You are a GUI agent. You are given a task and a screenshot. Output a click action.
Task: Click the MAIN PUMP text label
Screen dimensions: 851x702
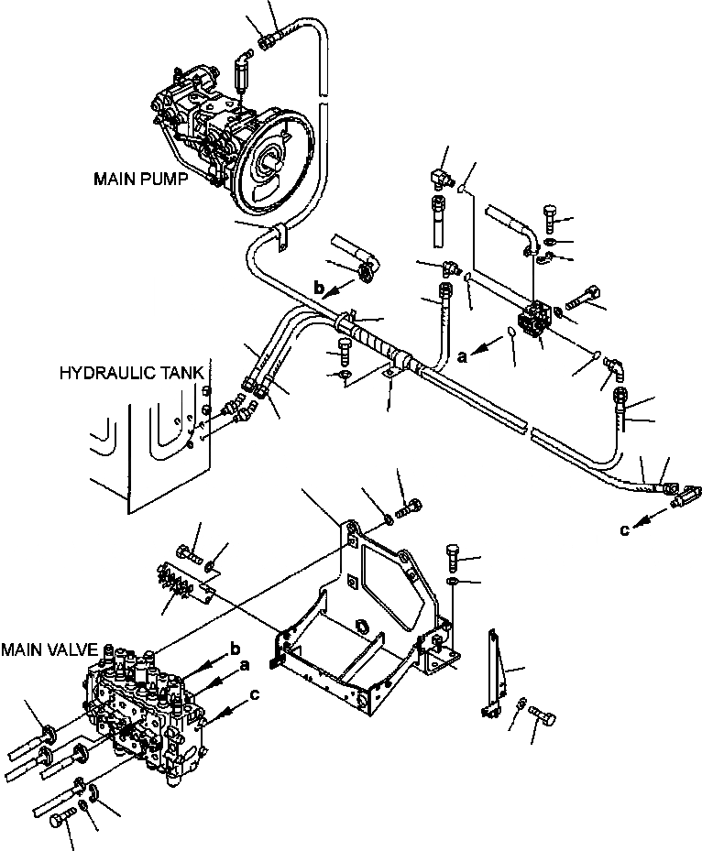coord(140,180)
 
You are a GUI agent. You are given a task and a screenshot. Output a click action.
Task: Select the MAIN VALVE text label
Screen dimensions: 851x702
coord(49,649)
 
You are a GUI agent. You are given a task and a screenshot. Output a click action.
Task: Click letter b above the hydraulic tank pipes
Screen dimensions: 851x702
coord(319,289)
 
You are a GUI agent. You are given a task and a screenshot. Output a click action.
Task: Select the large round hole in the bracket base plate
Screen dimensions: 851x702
coord(361,628)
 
